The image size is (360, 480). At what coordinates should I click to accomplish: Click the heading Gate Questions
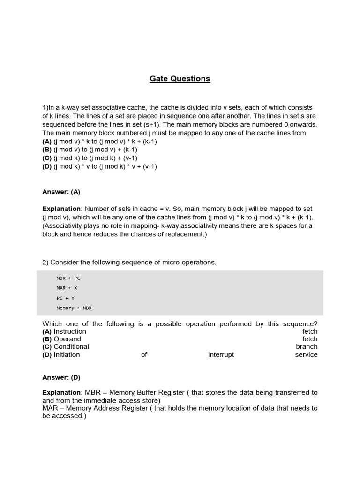(x=180, y=79)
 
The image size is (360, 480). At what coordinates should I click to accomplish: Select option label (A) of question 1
(x=47, y=141)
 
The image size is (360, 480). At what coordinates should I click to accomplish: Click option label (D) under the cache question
(x=47, y=166)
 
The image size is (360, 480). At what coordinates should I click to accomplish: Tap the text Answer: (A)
(x=61, y=192)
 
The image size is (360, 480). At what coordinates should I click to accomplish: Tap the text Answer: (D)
(x=61, y=377)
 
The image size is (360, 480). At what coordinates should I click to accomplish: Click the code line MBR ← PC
(x=68, y=278)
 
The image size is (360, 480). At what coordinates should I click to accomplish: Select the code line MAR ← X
(x=67, y=288)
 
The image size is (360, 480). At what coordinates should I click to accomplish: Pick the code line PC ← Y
(x=65, y=298)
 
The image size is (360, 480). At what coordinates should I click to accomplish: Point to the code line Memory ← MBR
(x=74, y=308)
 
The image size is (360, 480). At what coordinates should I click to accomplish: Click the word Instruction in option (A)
(x=70, y=331)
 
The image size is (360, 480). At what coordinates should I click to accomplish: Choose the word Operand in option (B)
(x=67, y=339)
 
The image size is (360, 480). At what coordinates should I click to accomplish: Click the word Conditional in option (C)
(x=71, y=347)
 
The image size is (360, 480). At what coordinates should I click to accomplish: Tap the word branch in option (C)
(x=307, y=347)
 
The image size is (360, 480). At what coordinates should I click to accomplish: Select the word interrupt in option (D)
(x=221, y=355)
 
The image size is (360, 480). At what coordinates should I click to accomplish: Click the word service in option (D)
(x=306, y=355)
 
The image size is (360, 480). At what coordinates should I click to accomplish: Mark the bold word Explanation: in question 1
(x=62, y=209)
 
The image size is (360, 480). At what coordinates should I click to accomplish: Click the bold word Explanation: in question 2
(x=62, y=393)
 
